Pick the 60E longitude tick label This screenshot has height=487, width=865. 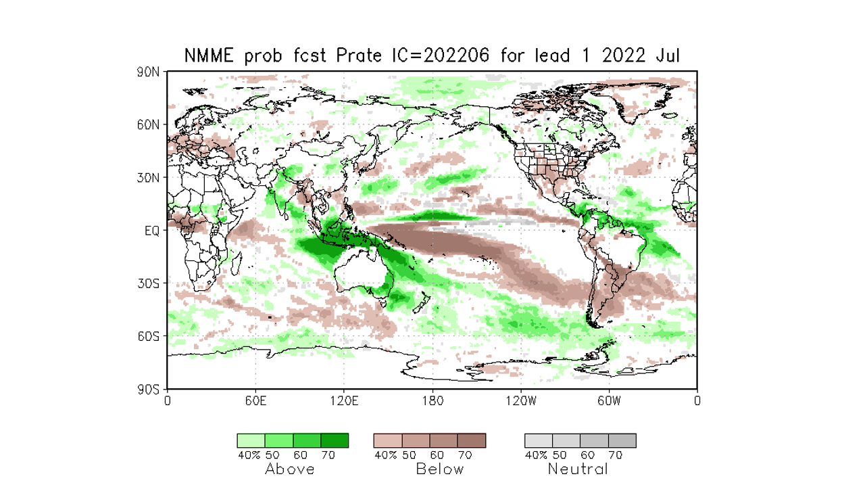255,400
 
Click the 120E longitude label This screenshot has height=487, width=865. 344,400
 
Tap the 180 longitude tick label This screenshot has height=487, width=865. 432,400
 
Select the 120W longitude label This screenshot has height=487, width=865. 520,400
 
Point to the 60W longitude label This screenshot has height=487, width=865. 609,400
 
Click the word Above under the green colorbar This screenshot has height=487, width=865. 290,469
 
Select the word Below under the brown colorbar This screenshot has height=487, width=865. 440,469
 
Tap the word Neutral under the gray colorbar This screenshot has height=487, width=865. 578,469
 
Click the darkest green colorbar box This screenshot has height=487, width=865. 335,441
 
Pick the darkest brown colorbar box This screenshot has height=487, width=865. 472,441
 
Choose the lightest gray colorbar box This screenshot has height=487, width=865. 539,441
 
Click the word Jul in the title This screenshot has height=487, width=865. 667,56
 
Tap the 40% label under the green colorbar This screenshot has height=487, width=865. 249,455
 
